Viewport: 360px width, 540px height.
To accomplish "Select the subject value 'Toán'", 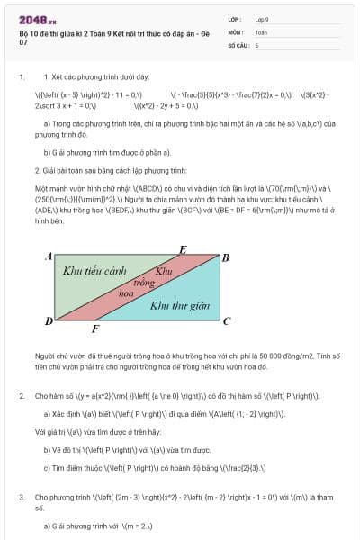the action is coord(261,31).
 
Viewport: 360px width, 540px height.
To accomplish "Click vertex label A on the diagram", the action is coord(49,257).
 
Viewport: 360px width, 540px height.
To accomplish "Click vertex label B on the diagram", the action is coord(225,257).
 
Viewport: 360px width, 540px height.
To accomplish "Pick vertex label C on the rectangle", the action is coord(226,320).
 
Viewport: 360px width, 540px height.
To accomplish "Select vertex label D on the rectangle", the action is coord(49,321).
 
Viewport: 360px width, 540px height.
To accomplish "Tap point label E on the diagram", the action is coord(184,249).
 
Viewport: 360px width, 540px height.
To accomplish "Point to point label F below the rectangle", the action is coord(96,329).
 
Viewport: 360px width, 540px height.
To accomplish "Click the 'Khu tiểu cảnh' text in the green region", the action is coord(93,270).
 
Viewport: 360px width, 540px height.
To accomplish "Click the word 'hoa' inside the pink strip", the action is coord(127,293).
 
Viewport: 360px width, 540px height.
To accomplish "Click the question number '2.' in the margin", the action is coord(22,395).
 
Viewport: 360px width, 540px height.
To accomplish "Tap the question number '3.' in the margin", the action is coord(22,496).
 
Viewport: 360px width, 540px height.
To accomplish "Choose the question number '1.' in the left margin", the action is coord(22,78).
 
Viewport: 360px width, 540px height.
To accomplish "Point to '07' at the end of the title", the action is coord(23,42).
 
